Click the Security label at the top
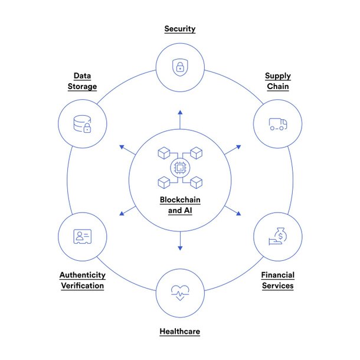[180, 29]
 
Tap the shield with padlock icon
[180, 67]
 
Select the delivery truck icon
[278, 124]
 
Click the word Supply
[278, 76]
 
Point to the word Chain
[278, 86]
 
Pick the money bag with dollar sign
[278, 236]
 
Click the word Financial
[278, 275]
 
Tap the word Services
[278, 286]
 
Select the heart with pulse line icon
[180, 293]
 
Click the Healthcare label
[180, 331]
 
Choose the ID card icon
[83, 237]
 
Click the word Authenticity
[83, 275]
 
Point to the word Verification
[83, 286]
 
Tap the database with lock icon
[82, 124]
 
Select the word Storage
[82, 86]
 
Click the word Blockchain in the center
[180, 199]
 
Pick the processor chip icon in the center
[180, 168]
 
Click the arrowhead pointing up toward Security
[180, 112]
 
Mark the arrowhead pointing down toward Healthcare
[180, 248]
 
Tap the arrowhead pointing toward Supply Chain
[239, 147]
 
